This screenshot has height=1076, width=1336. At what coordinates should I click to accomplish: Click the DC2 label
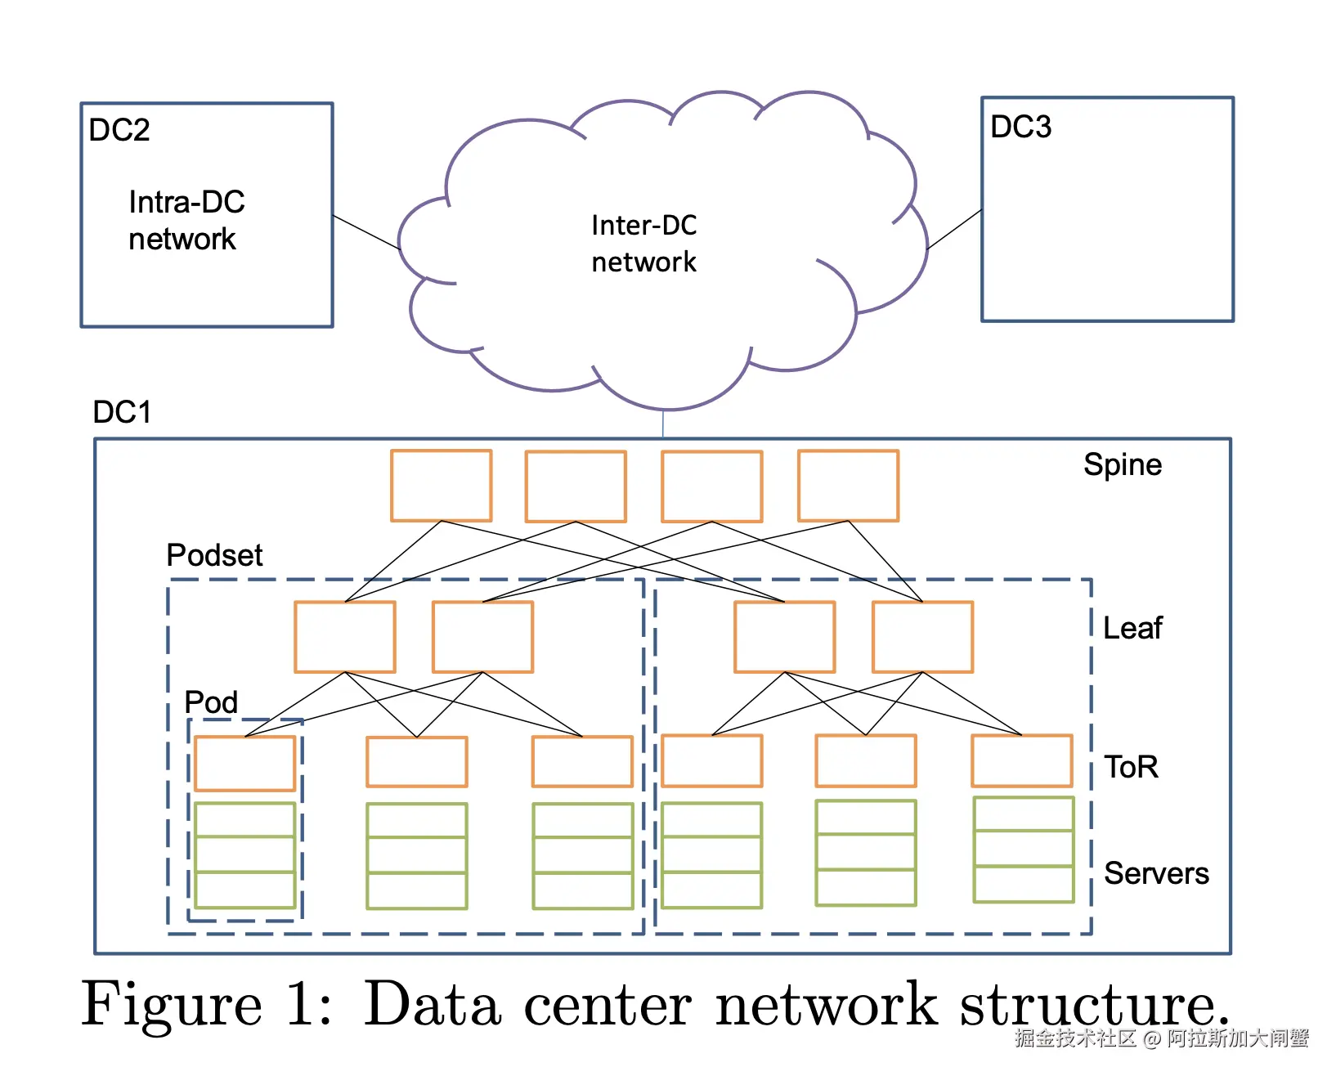(119, 131)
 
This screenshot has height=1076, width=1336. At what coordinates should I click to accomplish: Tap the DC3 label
(1020, 128)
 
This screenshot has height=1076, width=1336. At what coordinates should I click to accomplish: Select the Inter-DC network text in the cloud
(643, 244)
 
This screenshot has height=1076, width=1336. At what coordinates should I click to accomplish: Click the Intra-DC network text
(186, 221)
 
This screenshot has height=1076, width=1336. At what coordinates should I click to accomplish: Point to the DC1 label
(122, 412)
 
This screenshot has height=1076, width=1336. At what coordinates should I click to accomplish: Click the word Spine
(1122, 464)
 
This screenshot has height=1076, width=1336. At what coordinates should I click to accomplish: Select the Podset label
(214, 555)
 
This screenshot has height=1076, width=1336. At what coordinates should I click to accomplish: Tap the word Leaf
(1132, 628)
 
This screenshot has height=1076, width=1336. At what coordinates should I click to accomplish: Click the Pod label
(211, 702)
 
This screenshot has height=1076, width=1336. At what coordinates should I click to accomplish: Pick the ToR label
(1131, 767)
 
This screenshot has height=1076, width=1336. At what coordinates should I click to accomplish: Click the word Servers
(1156, 873)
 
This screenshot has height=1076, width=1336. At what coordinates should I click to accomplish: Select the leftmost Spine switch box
(441, 486)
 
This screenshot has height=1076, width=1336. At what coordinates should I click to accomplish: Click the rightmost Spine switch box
(848, 486)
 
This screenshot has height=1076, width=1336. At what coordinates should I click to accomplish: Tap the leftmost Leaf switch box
(345, 637)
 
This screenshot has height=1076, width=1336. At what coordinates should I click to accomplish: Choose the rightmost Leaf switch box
(922, 637)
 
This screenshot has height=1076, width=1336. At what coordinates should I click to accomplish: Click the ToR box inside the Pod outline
(244, 763)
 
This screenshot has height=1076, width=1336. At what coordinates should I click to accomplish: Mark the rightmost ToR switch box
(1021, 761)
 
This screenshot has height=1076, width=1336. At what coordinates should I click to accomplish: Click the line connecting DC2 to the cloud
(365, 232)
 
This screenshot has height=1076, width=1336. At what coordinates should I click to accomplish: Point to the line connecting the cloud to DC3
(954, 229)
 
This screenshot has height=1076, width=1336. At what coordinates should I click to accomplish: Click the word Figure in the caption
(172, 1004)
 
